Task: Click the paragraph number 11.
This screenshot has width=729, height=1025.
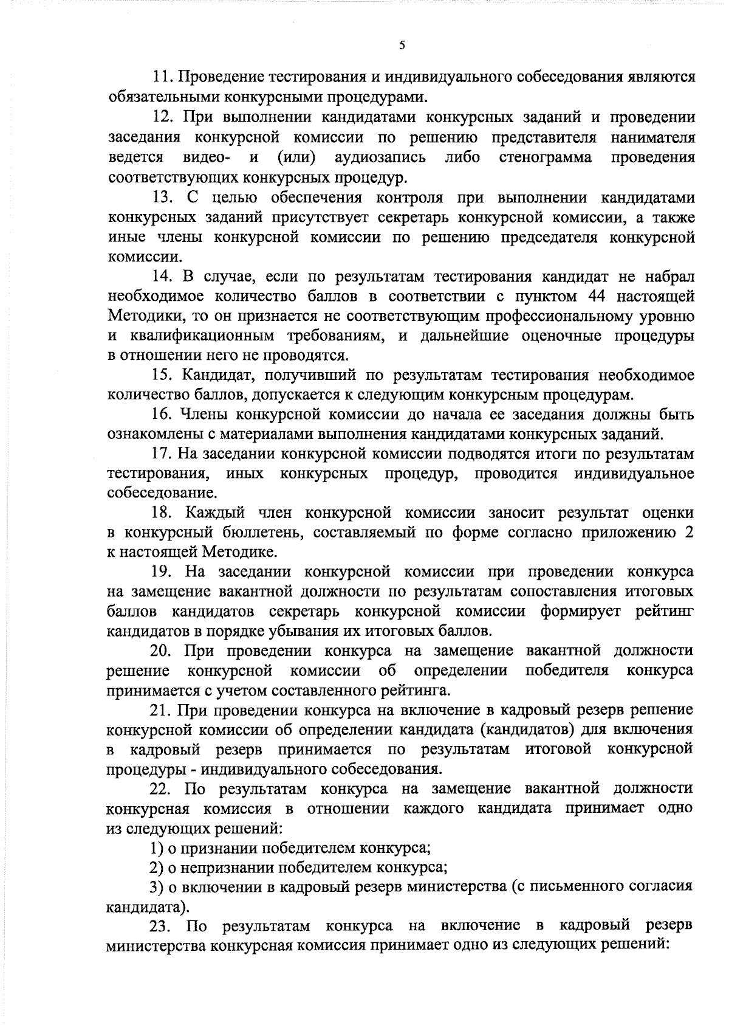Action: click(x=162, y=77)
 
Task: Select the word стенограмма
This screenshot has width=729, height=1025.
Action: click(x=546, y=158)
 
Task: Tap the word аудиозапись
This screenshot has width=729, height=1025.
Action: click(x=380, y=158)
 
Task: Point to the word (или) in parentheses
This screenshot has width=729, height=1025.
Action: click(x=296, y=158)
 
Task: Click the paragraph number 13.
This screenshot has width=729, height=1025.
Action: click(x=162, y=198)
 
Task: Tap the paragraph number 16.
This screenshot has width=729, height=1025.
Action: click(x=162, y=415)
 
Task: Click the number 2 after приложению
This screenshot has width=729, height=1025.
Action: click(x=688, y=534)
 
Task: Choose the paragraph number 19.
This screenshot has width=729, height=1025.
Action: click(x=162, y=573)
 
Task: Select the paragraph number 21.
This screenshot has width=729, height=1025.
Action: click(x=162, y=710)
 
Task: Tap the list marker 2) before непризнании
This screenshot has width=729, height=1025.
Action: click(x=157, y=868)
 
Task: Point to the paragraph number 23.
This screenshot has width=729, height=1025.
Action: click(x=162, y=927)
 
